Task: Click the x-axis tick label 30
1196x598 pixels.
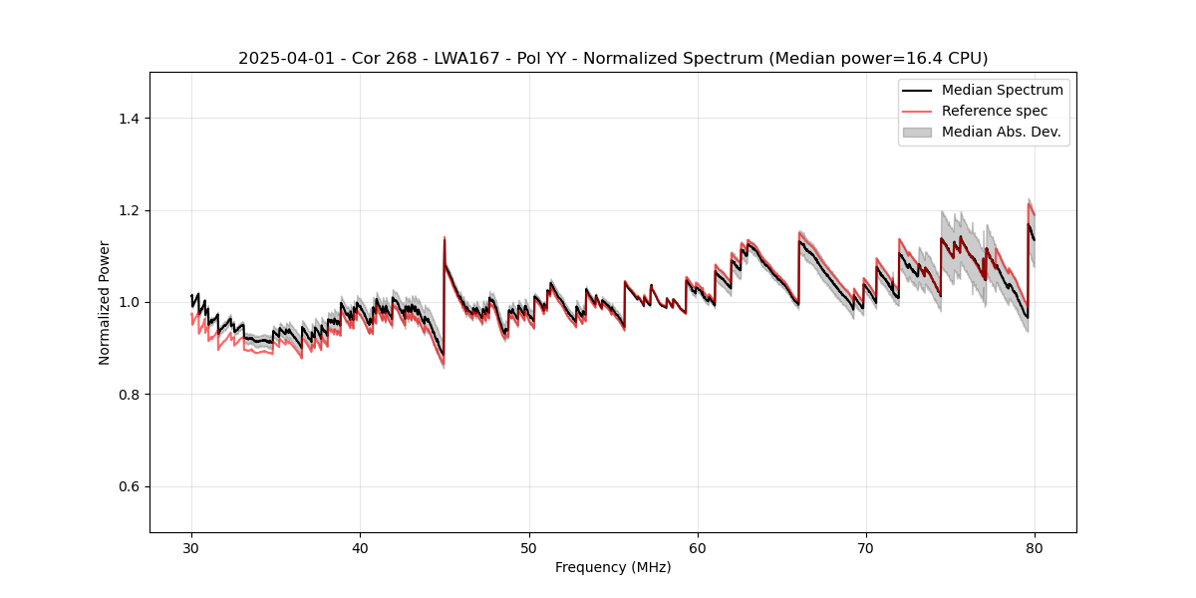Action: pos(191,547)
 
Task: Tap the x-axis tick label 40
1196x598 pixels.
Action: pos(360,547)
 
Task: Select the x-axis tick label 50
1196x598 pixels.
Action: pos(529,547)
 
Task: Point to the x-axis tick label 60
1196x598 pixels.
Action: pos(698,547)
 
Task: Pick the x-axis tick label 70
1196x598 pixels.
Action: pos(866,547)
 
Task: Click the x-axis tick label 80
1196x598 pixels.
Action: pos(1035,547)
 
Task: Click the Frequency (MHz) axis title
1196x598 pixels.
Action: pos(613,567)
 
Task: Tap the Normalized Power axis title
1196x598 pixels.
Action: pos(104,302)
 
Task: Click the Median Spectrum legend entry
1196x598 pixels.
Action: pos(1002,90)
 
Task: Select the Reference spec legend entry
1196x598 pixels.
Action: pos(994,111)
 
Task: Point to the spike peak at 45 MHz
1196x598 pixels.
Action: pos(445,238)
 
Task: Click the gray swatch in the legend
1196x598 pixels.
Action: pos(916,132)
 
